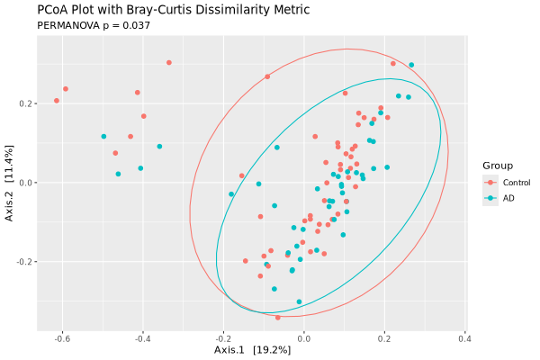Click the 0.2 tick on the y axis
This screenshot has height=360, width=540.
[x=25, y=103]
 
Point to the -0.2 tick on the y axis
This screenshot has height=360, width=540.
[x=23, y=262]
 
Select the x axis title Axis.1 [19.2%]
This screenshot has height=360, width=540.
[x=252, y=350]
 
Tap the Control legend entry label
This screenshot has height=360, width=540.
[x=516, y=183]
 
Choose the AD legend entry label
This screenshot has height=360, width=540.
[x=508, y=198]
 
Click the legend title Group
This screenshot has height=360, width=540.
[x=497, y=166]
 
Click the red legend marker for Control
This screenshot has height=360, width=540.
[x=490, y=183]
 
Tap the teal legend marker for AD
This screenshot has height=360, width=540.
[x=490, y=198]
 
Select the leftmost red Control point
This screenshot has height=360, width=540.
[x=57, y=101]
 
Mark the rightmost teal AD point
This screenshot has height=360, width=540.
[x=411, y=65]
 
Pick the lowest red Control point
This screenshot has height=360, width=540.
[x=278, y=318]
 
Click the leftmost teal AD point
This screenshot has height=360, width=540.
[x=103, y=137]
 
